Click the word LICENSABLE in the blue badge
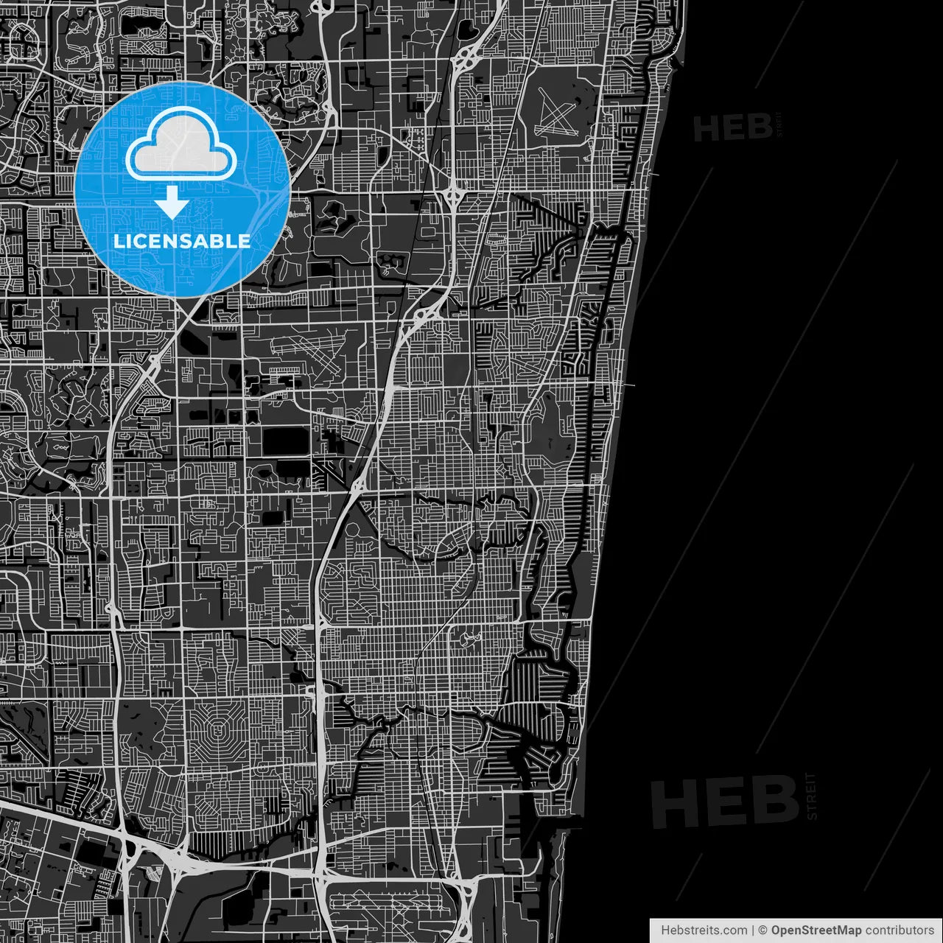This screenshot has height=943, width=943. pyautogui.click(x=182, y=241)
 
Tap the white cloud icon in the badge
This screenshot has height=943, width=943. pyautogui.click(x=181, y=144)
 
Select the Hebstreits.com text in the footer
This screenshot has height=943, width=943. pyautogui.click(x=704, y=930)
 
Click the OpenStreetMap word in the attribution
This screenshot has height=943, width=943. pyautogui.click(x=816, y=930)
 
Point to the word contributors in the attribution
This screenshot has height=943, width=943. pyautogui.click(x=899, y=930)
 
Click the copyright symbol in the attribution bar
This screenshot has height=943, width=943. pyautogui.click(x=763, y=930)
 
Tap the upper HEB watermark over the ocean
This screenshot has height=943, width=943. pyautogui.click(x=732, y=128)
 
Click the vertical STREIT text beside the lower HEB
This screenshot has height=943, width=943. pyautogui.click(x=812, y=796)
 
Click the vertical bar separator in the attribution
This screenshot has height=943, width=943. pyautogui.click(x=752, y=930)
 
